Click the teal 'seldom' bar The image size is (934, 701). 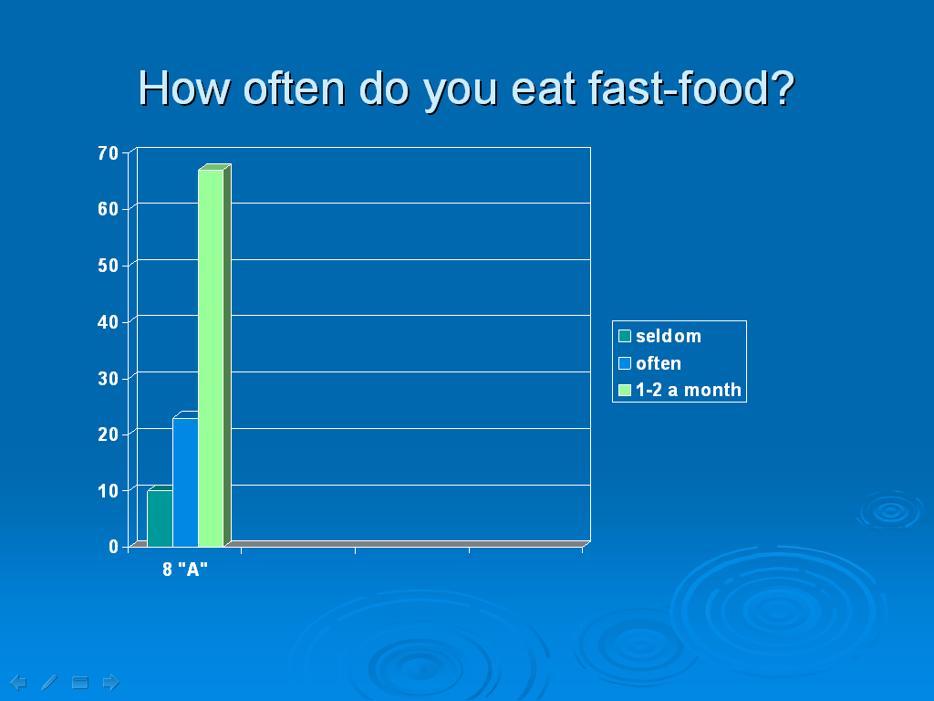pos(160,518)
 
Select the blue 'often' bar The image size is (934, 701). pos(185,482)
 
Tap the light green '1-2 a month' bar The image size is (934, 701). pos(211,358)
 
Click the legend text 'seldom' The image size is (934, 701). pos(669,336)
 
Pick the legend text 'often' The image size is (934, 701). pos(659,363)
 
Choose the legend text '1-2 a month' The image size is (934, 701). pos(689,390)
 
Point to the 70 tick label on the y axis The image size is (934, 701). pos(109,153)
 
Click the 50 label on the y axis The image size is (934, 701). pos(109,266)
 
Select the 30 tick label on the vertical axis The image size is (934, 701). pos(109,378)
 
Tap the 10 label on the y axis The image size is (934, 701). pos(109,490)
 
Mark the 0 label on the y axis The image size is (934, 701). pos(114,546)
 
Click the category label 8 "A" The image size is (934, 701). pos(185,570)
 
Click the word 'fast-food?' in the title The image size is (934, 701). pos(691,89)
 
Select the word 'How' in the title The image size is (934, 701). pos(184,89)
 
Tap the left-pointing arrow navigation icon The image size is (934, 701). pos(18,682)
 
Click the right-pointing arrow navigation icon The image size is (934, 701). pos(110,682)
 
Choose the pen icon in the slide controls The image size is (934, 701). pos(49,682)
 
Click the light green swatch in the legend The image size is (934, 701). pos(624,390)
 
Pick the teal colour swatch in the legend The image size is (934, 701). pos(624,336)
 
